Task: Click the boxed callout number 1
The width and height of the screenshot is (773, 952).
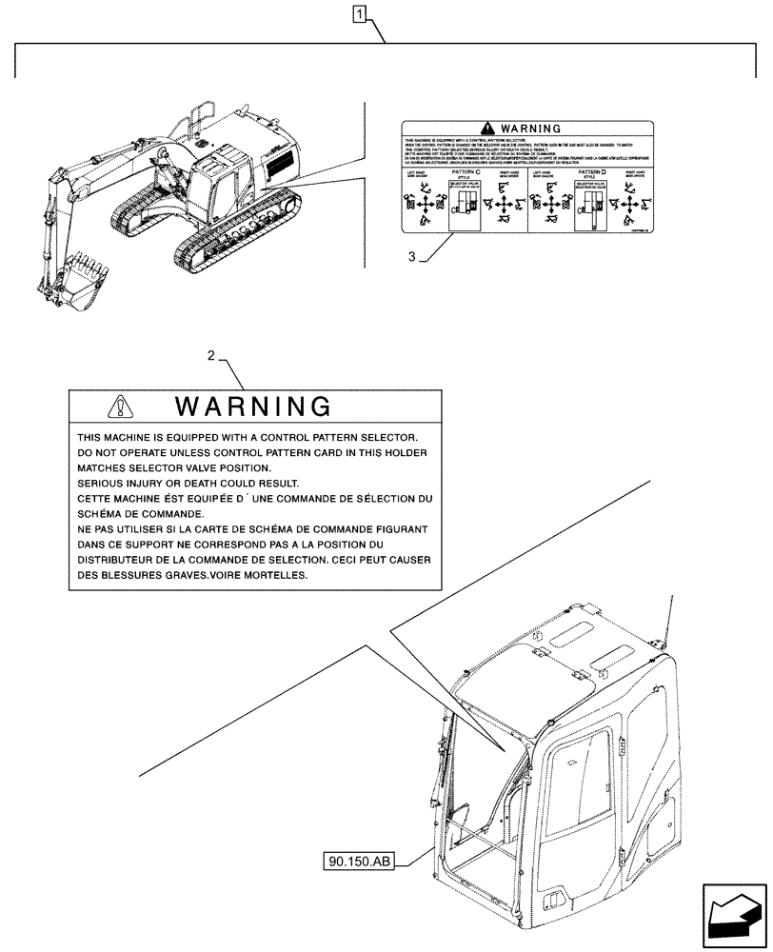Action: tap(358, 13)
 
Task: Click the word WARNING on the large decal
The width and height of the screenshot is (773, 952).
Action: tap(254, 407)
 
